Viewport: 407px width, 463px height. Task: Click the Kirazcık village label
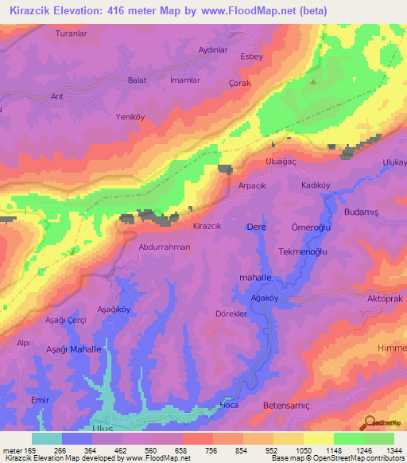click(x=207, y=226)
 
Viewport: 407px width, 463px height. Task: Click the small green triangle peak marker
click(x=313, y=81)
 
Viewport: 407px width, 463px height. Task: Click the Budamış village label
click(x=362, y=212)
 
